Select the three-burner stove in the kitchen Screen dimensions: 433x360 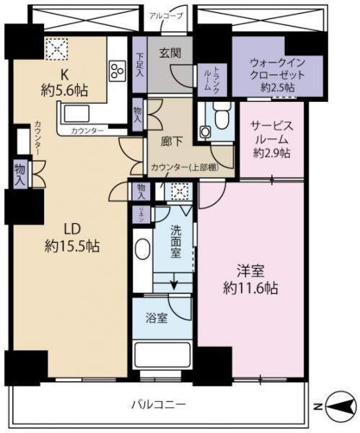pos(117,70)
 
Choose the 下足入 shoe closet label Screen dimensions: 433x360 pos(139,66)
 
